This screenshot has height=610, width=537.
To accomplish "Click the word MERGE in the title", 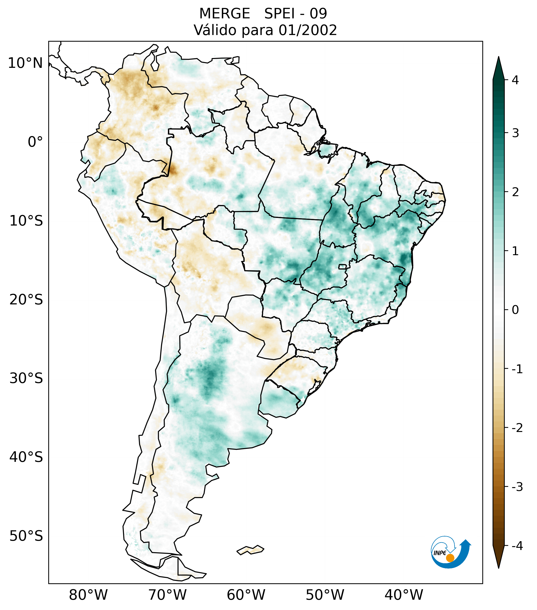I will coord(224,14).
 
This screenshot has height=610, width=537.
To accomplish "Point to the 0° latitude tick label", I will coord(35,142).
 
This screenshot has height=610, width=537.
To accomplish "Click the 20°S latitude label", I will coord(26,300).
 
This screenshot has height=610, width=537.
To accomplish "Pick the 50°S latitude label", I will coord(26,536).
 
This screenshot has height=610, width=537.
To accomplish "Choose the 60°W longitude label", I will coord(246,595).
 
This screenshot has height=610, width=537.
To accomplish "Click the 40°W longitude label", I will coord(404,595).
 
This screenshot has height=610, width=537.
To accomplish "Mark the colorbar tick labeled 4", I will coord(515,80).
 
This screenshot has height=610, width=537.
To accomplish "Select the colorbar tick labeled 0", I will coord(515,310).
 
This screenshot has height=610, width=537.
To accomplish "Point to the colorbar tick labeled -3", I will coord(517,487).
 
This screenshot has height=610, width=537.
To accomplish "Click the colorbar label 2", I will coord(515,192).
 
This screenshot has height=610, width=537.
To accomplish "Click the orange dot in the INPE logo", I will coord(450,558).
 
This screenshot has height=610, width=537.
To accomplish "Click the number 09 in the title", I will coord(318,14).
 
